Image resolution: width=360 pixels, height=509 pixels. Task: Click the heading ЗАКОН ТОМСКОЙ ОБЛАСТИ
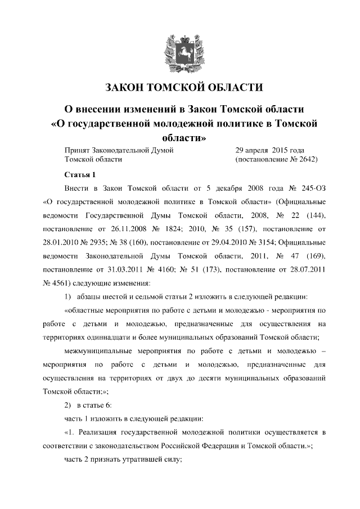180,88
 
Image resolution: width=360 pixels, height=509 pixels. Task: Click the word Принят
78,150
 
